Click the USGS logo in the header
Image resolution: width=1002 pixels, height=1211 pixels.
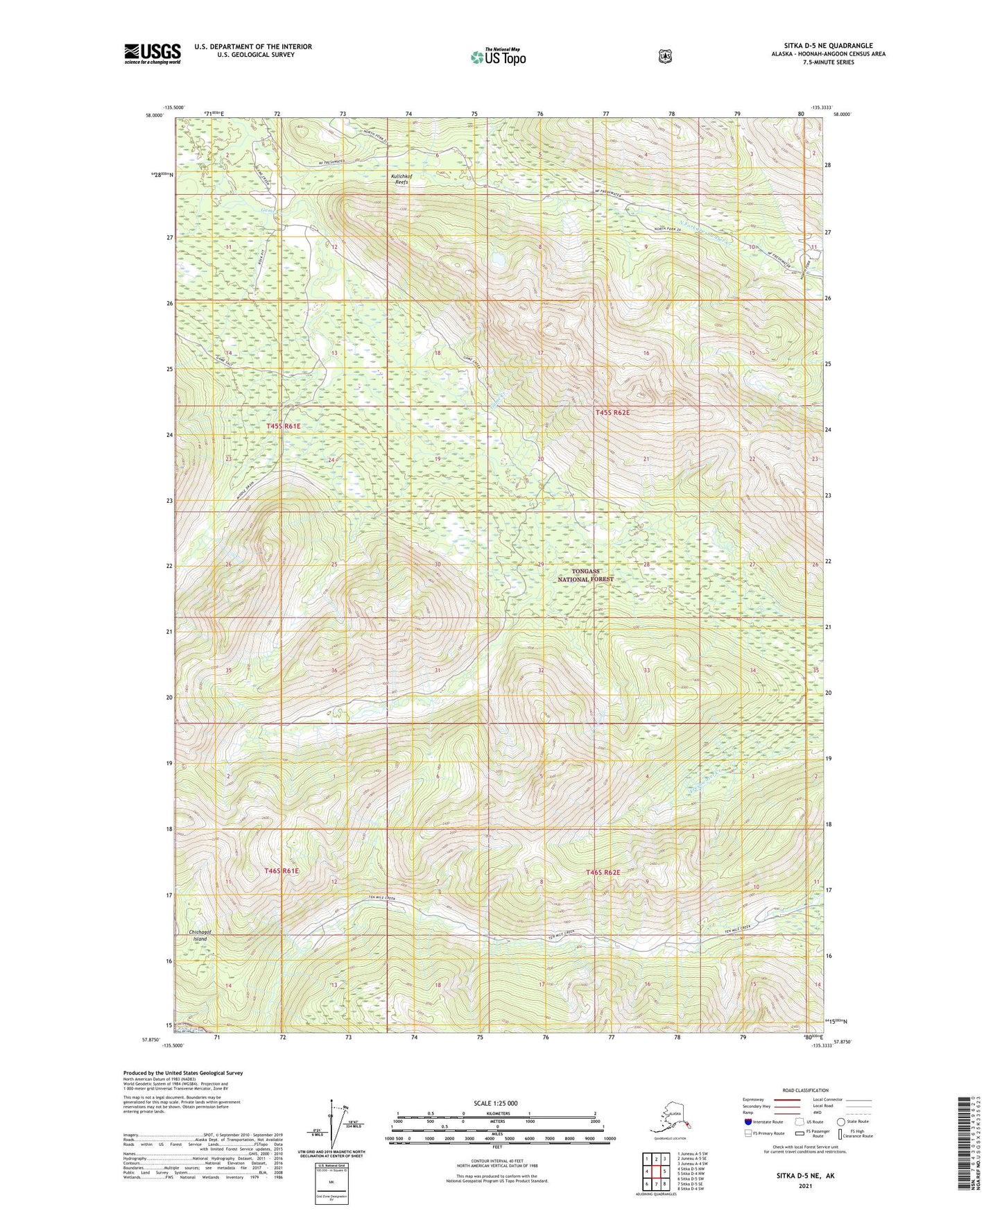click(153, 53)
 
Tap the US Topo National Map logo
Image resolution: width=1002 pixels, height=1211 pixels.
click(498, 57)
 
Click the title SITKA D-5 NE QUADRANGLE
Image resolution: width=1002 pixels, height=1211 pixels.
click(823, 46)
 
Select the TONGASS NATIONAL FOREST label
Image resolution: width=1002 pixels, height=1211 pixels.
click(585, 574)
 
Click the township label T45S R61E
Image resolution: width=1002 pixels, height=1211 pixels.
click(284, 426)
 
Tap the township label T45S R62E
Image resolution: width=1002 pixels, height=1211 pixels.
click(612, 413)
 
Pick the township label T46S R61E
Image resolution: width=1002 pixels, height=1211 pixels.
click(282, 870)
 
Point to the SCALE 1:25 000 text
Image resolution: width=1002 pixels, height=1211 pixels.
click(495, 1103)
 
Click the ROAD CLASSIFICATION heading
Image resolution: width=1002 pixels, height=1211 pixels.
click(805, 1090)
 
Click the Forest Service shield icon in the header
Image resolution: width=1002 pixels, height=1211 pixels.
click(664, 56)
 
